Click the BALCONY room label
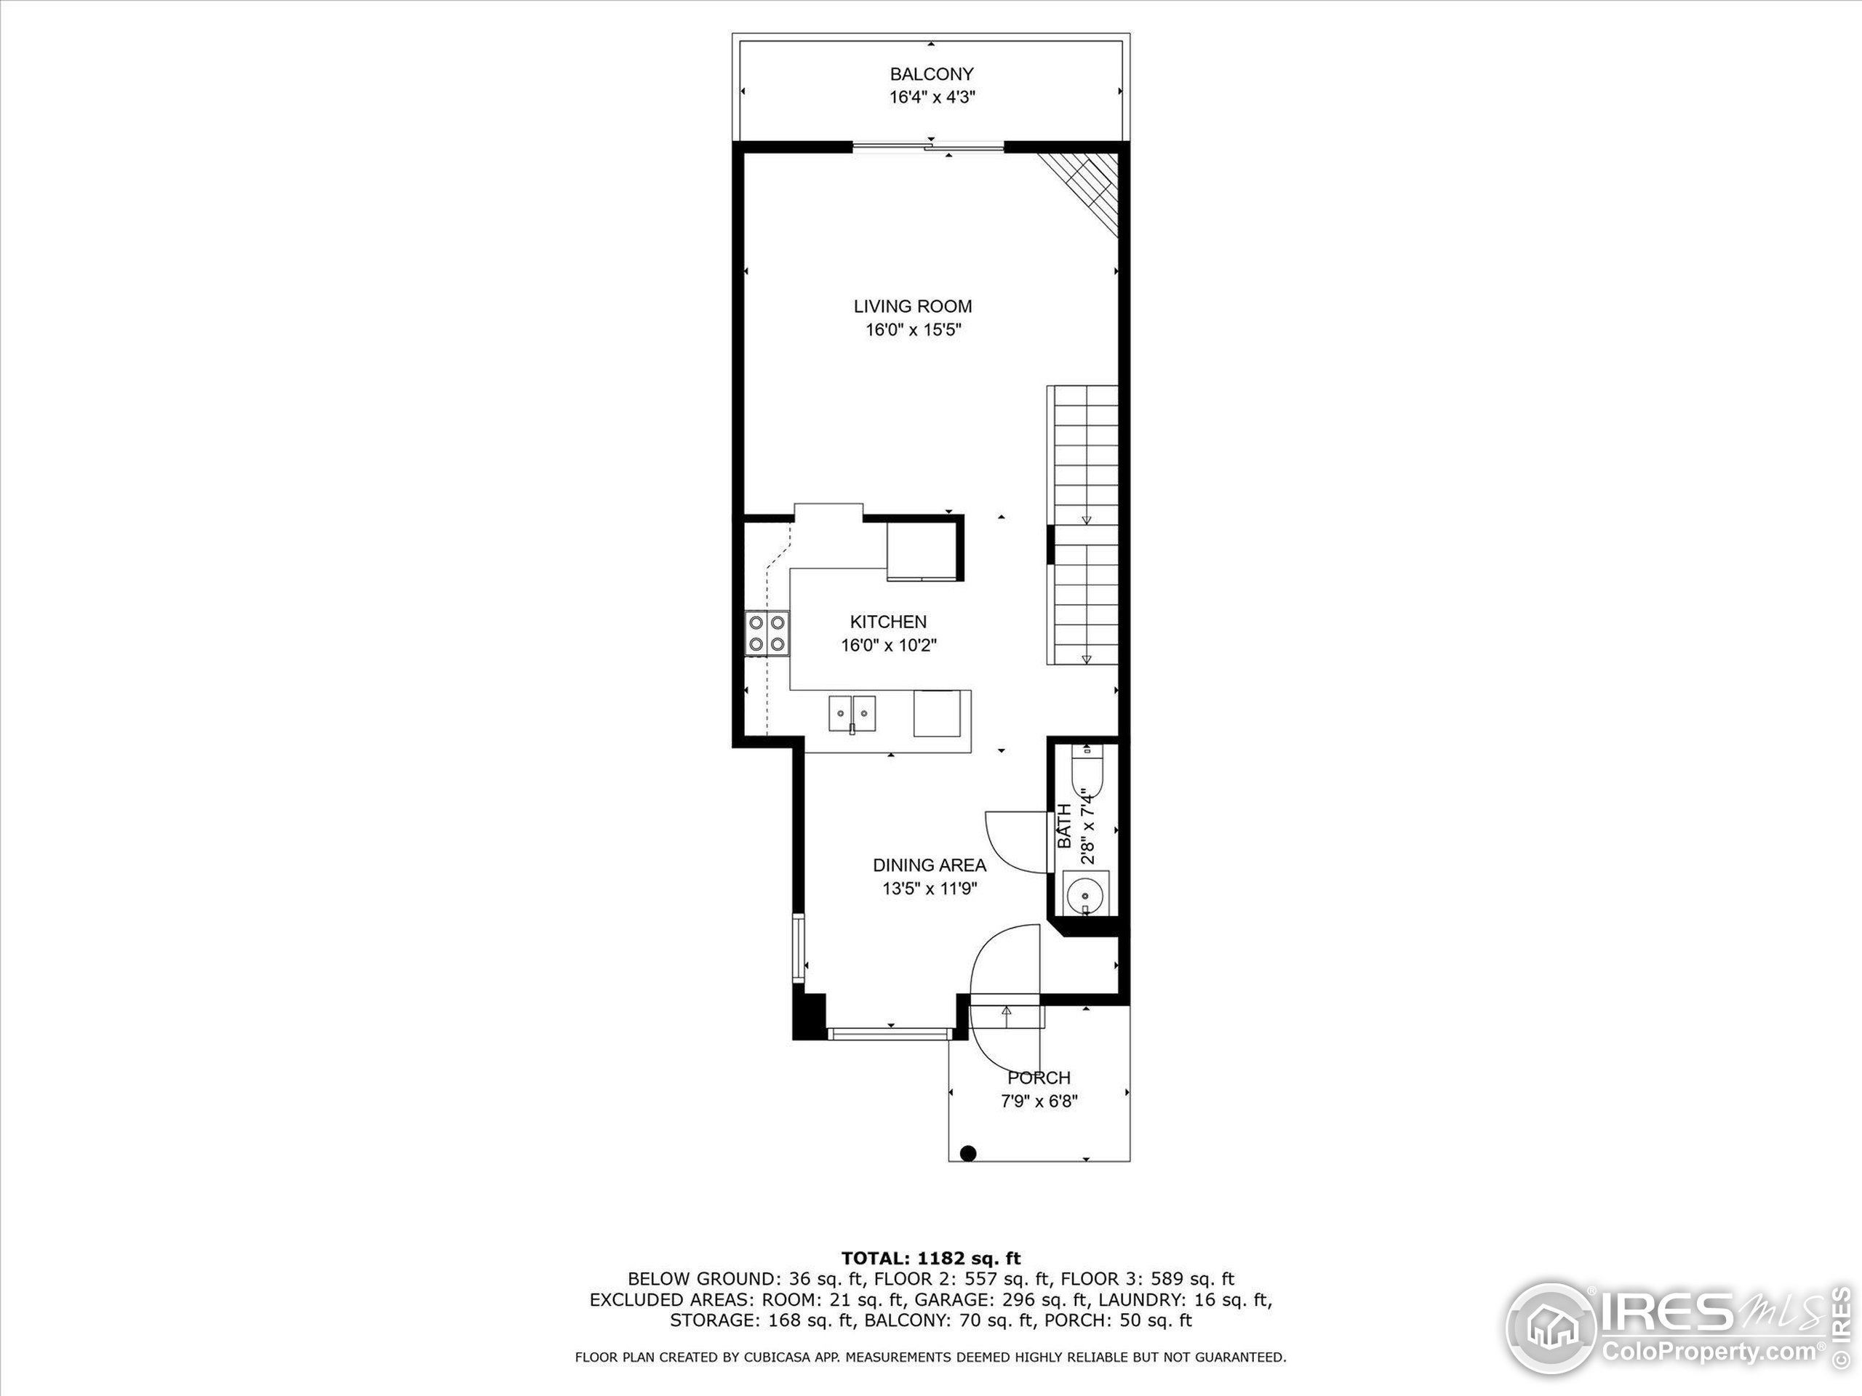pos(931,74)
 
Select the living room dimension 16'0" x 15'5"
pos(914,330)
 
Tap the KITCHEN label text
pos(888,622)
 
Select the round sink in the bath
pos(1085,893)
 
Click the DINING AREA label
pos(930,865)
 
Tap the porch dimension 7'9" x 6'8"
pos(1039,1102)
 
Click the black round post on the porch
pos(968,1153)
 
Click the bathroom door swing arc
pos(1015,841)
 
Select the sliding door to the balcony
pos(930,148)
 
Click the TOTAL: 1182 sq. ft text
pos(930,1259)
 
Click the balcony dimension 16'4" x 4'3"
pos(932,97)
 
